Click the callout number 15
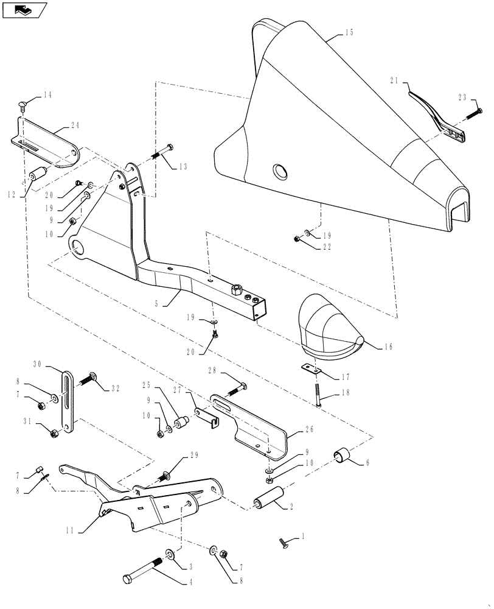[349, 33]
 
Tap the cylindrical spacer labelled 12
[37, 175]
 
